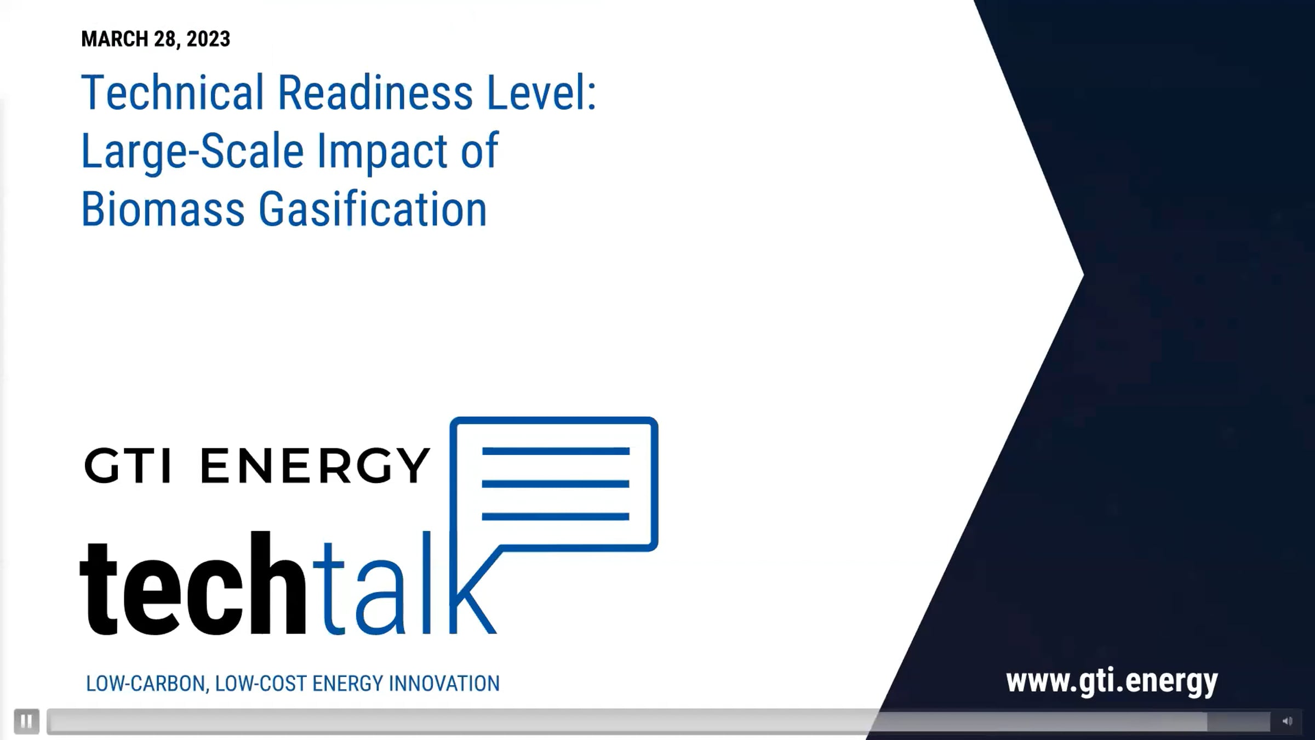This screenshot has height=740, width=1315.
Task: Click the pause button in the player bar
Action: tap(26, 721)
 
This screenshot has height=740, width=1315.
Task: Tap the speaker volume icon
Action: tap(1287, 721)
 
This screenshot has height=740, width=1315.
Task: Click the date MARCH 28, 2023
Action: tap(156, 39)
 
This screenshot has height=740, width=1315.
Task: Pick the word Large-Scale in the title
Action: tap(192, 152)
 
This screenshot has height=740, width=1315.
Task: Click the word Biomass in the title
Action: tap(163, 209)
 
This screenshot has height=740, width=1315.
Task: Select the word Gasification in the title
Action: tap(373, 209)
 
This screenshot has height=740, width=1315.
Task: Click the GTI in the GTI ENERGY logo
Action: tap(128, 465)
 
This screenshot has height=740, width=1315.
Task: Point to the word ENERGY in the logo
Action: tap(315, 465)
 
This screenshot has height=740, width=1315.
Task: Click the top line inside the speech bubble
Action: tap(556, 452)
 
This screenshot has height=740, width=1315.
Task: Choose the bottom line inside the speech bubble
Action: tap(556, 516)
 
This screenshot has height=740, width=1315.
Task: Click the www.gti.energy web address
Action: tap(1112, 682)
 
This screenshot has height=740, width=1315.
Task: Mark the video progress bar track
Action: tap(659, 721)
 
